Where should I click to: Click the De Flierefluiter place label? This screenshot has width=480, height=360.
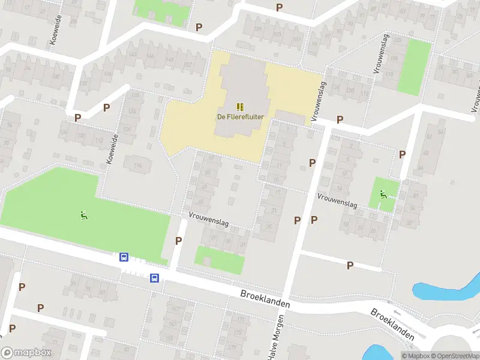coord(240,117)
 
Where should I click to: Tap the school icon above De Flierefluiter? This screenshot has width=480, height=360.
coord(240,107)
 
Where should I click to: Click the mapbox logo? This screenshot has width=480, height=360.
coord(26,352)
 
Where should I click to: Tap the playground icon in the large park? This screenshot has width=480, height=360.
coord(85,215)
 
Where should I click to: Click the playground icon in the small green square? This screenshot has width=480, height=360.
coord(383,194)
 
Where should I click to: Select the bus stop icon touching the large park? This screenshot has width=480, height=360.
coord(124,257)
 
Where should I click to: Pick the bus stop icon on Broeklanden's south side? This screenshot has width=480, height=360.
coord(154,278)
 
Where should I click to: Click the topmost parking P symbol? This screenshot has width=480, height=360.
coord(279,7)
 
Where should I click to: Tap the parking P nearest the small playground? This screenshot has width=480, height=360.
coord(402,154)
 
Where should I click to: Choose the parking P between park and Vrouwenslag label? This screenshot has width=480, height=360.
coord(178,241)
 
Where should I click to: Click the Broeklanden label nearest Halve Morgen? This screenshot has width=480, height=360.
coord(265,299)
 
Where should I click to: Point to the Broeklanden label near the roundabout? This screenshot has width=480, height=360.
coord(392,325)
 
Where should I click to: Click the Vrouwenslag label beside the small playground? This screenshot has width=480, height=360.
coord(337,200)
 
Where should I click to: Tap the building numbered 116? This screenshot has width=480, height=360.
coord(137,163)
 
